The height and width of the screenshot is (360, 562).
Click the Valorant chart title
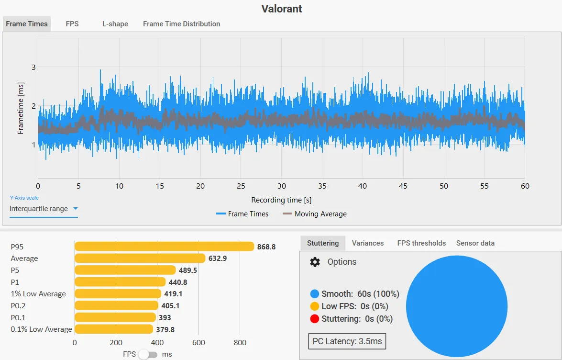(x=281, y=9)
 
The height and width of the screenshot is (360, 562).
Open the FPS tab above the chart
(x=72, y=24)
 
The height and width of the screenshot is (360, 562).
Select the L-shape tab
(x=115, y=24)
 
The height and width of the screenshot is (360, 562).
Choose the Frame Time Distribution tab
(x=181, y=24)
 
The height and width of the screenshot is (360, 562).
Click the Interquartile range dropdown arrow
(x=75, y=208)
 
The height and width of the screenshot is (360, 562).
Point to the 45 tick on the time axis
(x=403, y=186)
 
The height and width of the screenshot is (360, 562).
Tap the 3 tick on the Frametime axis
(x=33, y=67)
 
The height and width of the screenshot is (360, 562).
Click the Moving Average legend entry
(x=315, y=214)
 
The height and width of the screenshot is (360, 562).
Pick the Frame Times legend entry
(x=242, y=214)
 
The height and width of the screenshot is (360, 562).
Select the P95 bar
(x=164, y=247)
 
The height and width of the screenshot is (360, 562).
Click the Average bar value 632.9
(x=218, y=258)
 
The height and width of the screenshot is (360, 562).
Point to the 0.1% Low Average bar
(x=114, y=329)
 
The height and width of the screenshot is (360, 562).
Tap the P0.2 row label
(x=18, y=305)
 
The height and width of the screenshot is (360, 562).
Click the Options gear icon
(x=315, y=262)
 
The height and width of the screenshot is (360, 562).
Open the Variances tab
(x=368, y=243)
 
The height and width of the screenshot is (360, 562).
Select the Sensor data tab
(x=475, y=243)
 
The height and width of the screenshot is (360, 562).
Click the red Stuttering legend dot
(x=314, y=318)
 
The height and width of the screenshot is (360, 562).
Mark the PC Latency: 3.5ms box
(x=347, y=341)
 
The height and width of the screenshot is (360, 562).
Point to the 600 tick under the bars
(x=198, y=342)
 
